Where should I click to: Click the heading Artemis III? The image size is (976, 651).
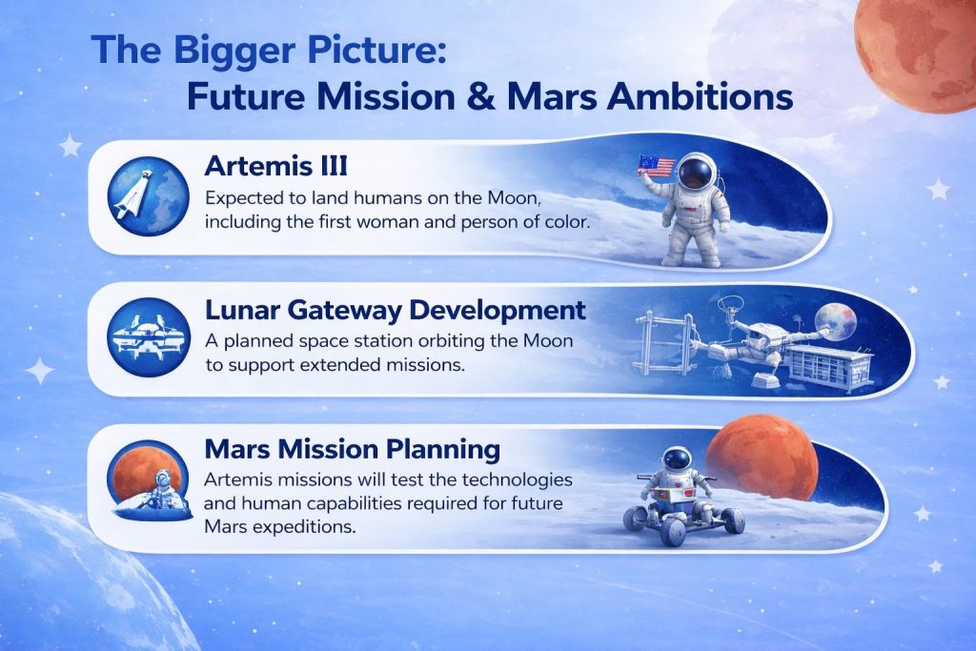coord(275,166)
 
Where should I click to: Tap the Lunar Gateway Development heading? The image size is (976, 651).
coord(396,310)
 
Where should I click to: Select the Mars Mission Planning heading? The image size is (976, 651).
coord(353,449)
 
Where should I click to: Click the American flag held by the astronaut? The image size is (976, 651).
coord(656,165)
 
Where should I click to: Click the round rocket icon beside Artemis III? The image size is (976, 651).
coord(148,196)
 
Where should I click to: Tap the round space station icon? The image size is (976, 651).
coord(148,337)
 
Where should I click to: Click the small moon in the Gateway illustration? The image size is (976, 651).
coord(835,321)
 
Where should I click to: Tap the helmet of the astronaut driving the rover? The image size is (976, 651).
coord(676,460)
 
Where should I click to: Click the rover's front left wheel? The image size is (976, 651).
coord(672,531)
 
